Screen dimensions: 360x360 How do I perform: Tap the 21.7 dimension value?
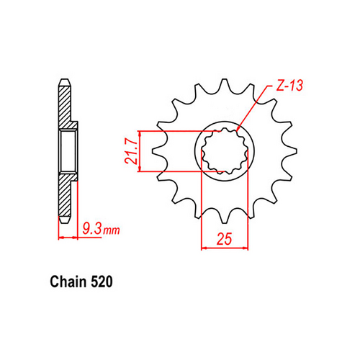click(131, 152)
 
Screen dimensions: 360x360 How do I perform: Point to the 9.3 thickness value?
click(89, 230)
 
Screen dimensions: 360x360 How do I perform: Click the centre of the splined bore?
click(224, 152)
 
